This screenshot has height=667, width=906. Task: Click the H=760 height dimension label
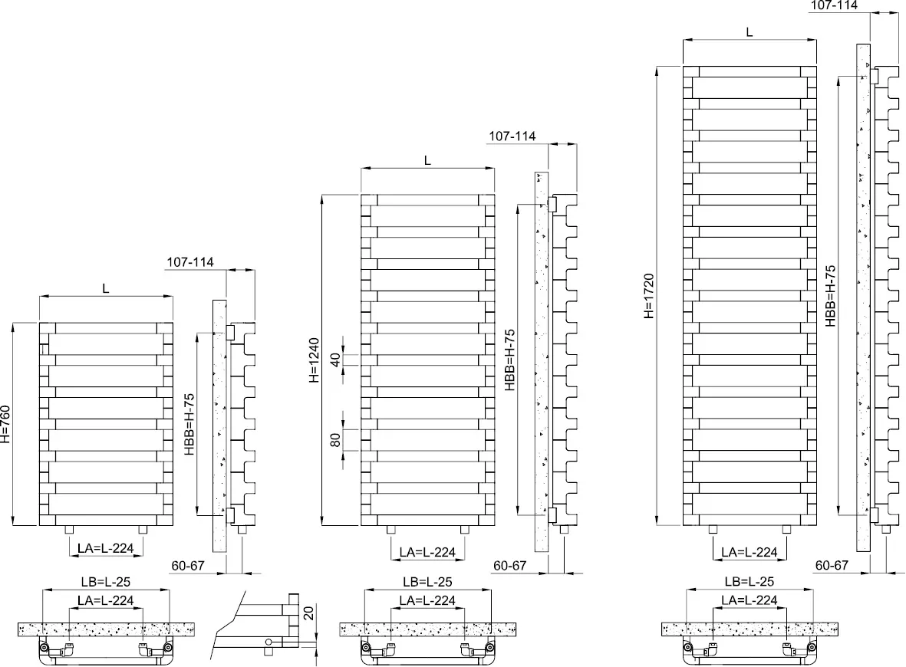7,424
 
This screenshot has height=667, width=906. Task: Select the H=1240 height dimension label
315,360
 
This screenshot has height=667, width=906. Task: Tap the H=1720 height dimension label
649,295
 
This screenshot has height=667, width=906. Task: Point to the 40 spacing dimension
334,359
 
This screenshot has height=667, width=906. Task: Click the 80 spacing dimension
334,440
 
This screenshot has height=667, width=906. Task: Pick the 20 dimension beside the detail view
308,613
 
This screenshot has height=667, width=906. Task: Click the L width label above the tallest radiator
750,31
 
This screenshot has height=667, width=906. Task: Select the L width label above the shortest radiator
106,288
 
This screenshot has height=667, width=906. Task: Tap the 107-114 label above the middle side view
512,136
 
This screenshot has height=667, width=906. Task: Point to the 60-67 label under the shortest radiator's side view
188,565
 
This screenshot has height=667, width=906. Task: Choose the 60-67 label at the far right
832,565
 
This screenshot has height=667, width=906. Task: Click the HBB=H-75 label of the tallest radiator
831,295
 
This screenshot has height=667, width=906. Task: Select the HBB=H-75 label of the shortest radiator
190,424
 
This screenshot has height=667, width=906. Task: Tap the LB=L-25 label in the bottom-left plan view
106,582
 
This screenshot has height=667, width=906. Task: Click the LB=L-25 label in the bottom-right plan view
750,582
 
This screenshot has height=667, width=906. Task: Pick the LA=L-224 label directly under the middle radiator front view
427,552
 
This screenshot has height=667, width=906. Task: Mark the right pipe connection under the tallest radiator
786,530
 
